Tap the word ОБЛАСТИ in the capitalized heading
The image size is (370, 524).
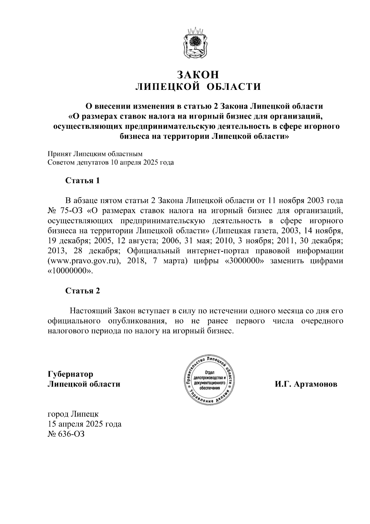point(233,87)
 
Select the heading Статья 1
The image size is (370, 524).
point(82,181)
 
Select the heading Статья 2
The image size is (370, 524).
point(82,291)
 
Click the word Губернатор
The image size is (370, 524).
point(70,374)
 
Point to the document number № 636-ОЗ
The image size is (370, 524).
point(66,434)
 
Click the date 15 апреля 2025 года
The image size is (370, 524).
point(84,424)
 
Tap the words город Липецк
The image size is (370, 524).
point(73,414)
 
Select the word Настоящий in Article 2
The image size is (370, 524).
point(91,311)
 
